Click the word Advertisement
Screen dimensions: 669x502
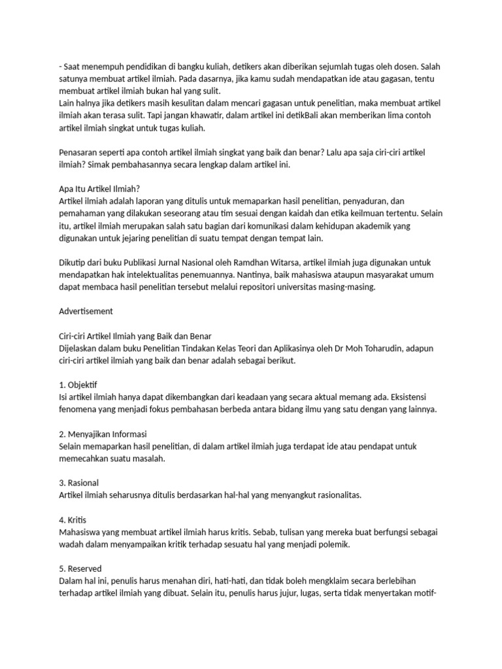pyautogui.click(x=86, y=311)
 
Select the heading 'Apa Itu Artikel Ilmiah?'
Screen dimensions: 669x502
pyautogui.click(x=99, y=188)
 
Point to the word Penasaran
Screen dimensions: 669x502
pyautogui.click(x=80, y=152)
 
